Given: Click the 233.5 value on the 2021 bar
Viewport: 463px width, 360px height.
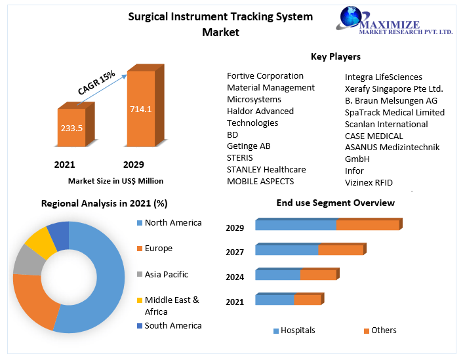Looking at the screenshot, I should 71,128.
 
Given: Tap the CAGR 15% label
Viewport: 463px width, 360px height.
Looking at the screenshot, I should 96,83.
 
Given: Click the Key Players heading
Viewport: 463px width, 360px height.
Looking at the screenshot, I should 335,56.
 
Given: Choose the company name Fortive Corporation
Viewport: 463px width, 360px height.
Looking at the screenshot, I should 265,76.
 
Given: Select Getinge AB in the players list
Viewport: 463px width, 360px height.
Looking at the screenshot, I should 249,146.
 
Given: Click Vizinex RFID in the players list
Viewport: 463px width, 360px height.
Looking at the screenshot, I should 369,182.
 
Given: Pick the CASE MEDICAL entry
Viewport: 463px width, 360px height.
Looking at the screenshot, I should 374,136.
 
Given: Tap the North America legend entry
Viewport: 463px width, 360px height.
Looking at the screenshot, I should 172,223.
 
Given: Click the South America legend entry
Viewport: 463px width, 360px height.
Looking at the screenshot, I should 172,325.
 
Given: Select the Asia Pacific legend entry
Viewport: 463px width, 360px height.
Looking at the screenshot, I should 166,274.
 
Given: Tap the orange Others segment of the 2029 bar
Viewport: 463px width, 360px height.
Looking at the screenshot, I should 367,225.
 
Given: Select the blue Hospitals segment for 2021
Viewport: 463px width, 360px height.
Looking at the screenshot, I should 274,300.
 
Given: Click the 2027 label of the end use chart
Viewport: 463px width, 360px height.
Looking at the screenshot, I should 235,252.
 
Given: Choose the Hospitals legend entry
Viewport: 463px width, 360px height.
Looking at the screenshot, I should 297,330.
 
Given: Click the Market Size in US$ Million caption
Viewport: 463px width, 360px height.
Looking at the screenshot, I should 115,181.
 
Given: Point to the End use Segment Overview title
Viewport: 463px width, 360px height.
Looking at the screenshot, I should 335,203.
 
